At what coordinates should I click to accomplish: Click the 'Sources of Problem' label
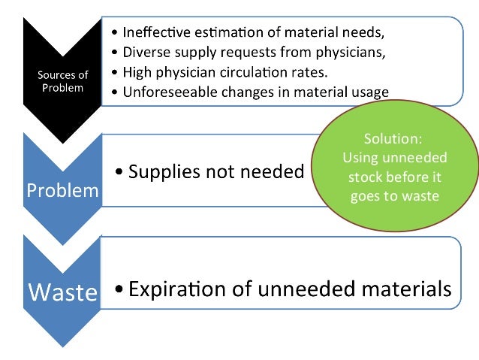[63, 80]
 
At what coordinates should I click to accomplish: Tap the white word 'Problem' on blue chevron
[62, 190]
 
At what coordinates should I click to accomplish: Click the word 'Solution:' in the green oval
[394, 139]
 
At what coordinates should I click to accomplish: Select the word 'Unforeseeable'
[164, 92]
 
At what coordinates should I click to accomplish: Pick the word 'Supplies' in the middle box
[159, 172]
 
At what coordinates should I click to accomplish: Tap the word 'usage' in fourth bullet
[370, 92]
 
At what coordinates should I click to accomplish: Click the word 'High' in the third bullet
[136, 72]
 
